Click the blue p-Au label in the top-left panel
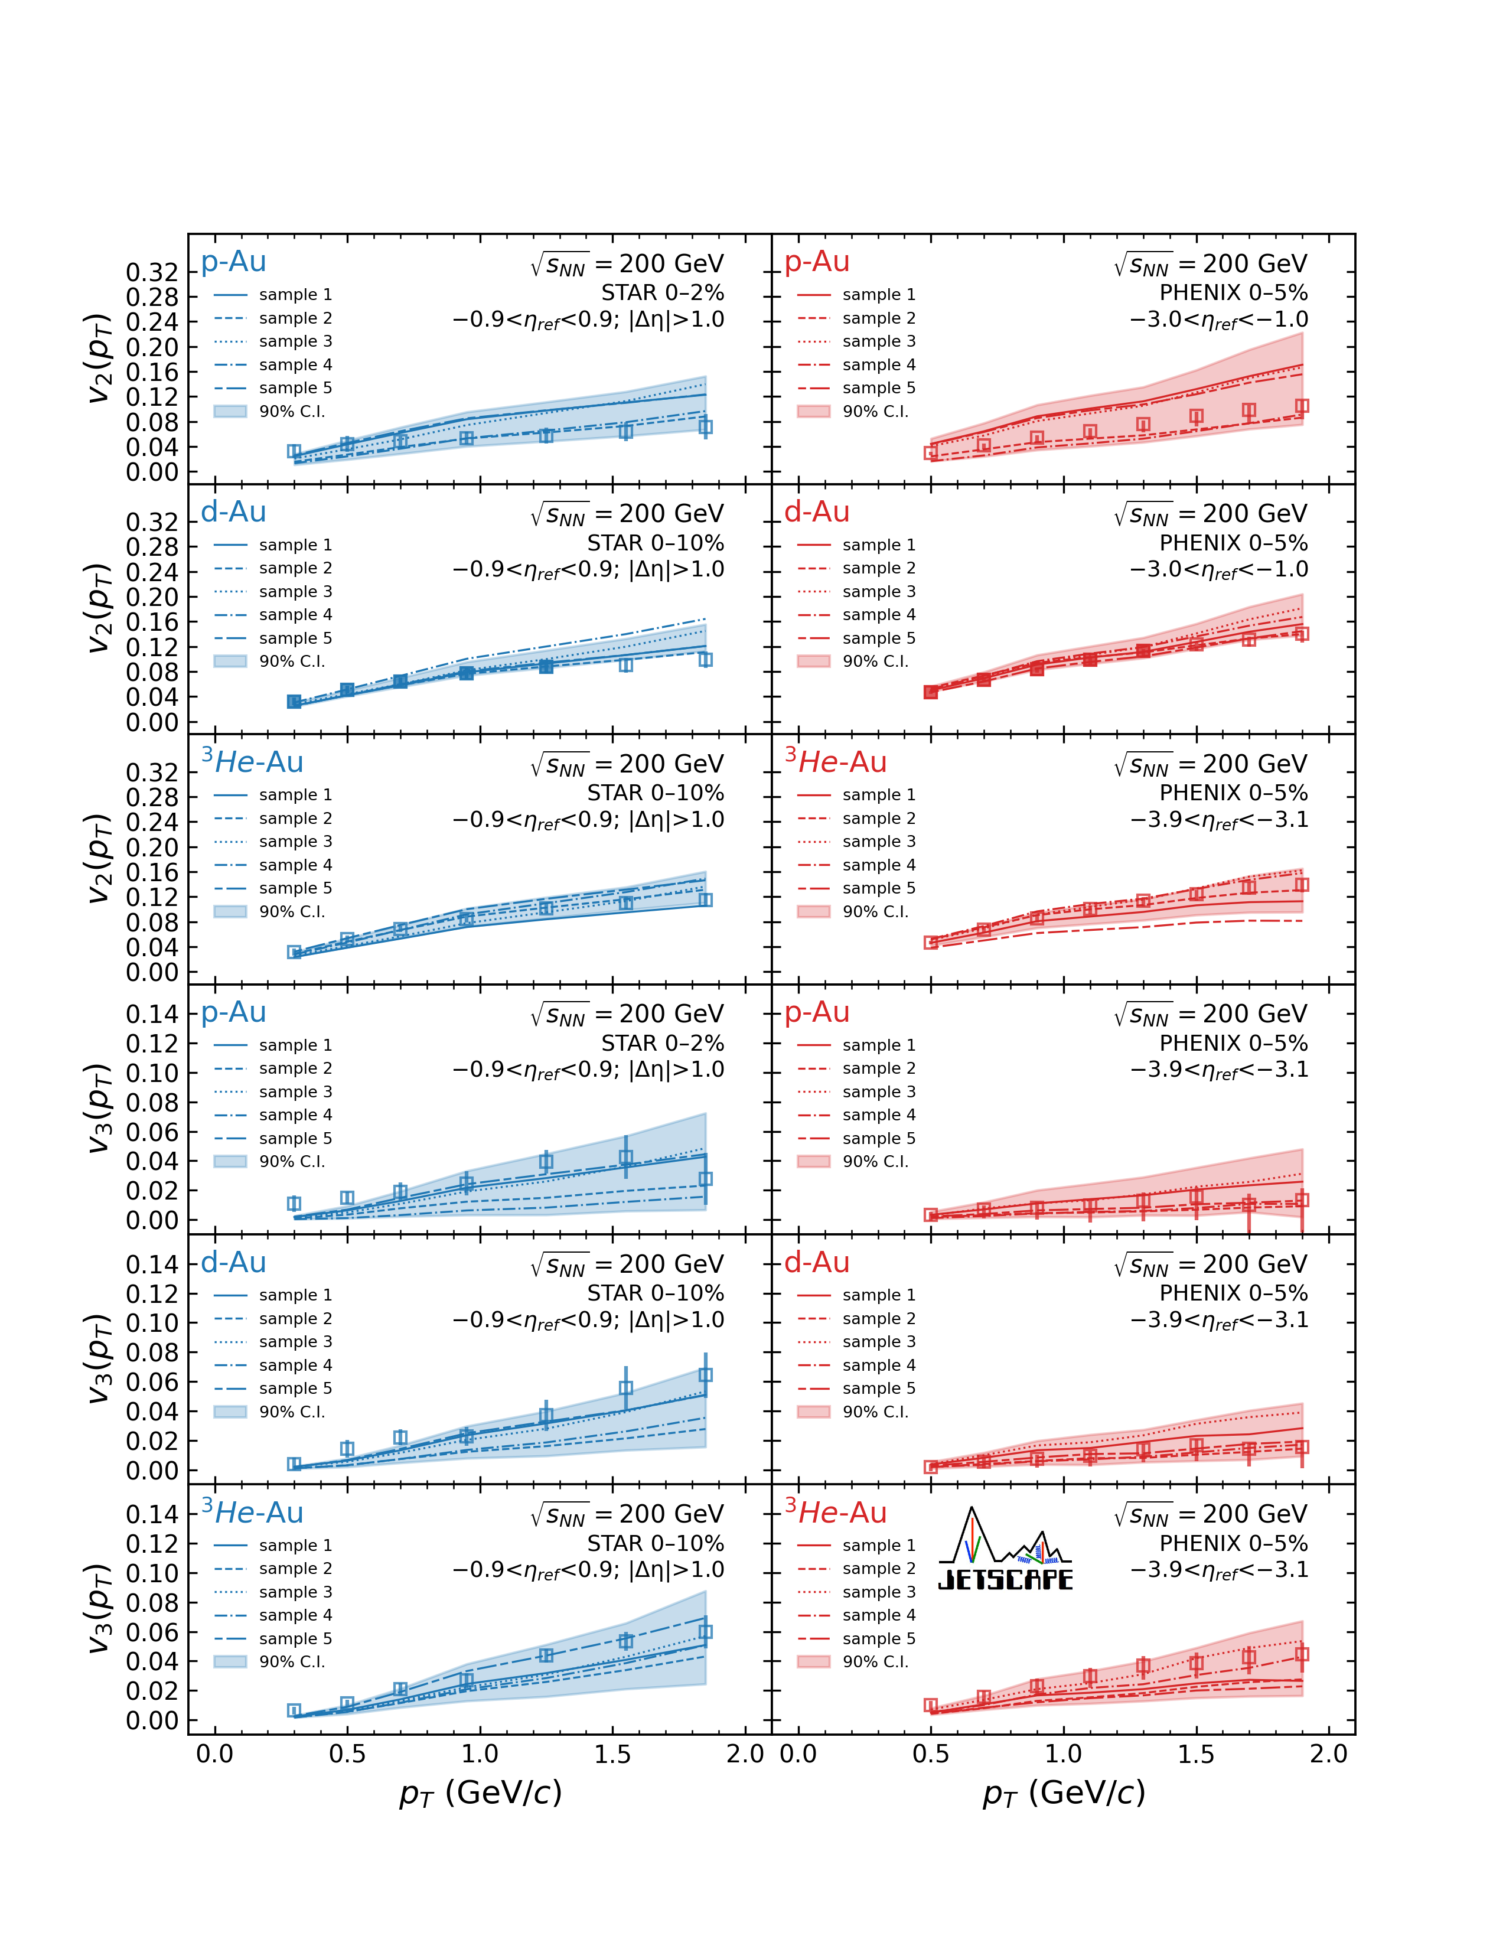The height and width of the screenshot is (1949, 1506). [x=234, y=262]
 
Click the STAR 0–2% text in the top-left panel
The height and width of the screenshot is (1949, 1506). [x=662, y=293]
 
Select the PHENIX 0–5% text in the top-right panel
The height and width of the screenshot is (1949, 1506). [x=1233, y=293]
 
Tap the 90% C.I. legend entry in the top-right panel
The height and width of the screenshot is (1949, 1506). [x=874, y=412]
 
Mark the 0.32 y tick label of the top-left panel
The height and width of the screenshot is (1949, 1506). [x=152, y=272]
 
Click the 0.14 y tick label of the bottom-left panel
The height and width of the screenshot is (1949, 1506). [x=152, y=1514]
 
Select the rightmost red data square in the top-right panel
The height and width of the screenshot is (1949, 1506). [x=1302, y=406]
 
